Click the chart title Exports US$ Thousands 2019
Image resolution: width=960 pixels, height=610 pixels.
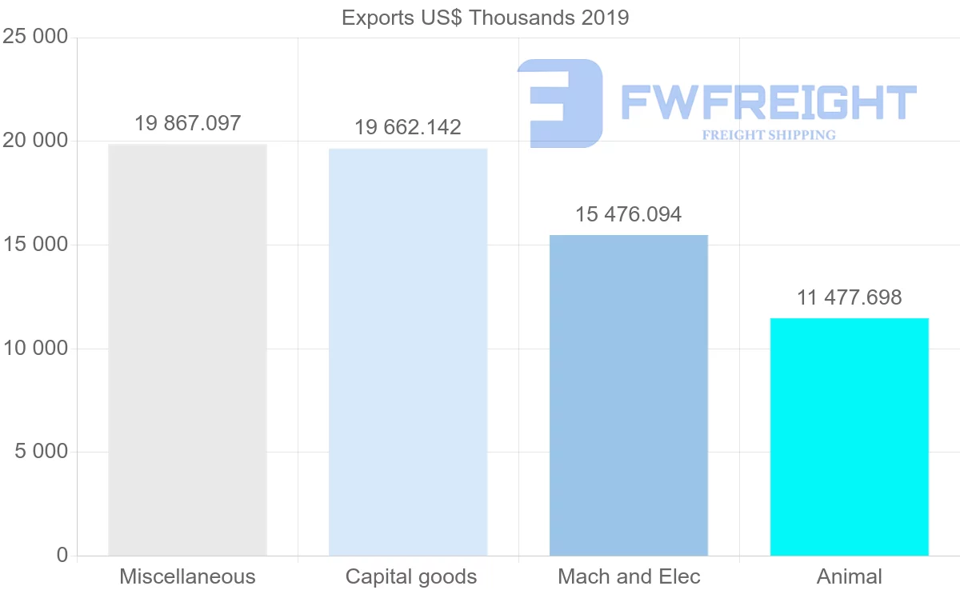(485, 18)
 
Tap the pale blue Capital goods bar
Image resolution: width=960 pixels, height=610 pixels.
(408, 352)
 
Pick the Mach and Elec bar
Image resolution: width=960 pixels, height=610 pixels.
(629, 395)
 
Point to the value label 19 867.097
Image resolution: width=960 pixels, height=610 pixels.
(187, 123)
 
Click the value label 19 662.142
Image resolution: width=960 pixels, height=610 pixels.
(408, 127)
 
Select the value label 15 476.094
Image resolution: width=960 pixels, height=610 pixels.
(629, 214)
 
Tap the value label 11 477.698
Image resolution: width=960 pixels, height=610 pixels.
(849, 297)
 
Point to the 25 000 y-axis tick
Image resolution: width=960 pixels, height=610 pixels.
(35, 38)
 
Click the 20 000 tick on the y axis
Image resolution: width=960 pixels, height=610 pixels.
(35, 142)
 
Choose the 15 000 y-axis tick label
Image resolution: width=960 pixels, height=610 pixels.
(35, 245)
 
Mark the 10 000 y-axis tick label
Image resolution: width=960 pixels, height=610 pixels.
(35, 349)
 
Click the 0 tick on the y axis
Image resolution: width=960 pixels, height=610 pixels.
(62, 555)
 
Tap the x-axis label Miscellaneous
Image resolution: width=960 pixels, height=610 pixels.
(187, 576)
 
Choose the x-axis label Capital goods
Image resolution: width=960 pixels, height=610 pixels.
(411, 576)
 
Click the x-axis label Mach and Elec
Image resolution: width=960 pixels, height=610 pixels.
(629, 576)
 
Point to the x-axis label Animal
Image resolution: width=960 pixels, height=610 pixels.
(849, 576)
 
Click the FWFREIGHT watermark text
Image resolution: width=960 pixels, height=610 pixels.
(768, 102)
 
